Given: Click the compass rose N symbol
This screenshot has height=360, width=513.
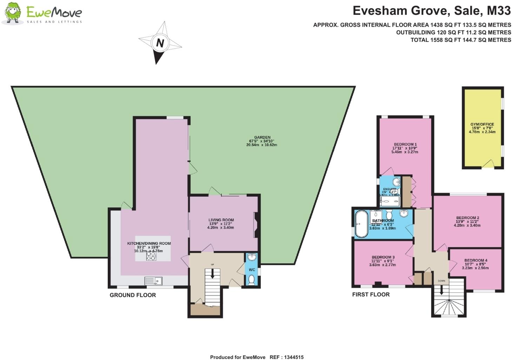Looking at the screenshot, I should (160, 43).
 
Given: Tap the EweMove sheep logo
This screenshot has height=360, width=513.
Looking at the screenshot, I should (13, 14).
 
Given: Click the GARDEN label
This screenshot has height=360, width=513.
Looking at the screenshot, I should (262, 137).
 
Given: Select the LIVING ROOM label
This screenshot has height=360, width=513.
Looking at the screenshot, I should (221, 220).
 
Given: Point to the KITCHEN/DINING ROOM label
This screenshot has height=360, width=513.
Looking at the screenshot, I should (149, 243).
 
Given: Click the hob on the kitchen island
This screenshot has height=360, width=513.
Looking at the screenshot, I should (151, 257).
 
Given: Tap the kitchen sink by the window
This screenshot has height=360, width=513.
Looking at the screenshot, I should (153, 281).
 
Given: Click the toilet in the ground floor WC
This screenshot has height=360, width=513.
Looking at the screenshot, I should (251, 280).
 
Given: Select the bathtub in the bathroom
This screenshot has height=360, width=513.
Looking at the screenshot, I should (361, 224).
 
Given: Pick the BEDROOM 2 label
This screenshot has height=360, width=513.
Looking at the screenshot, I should (468, 218).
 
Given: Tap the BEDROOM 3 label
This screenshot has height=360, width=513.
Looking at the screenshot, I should (383, 257).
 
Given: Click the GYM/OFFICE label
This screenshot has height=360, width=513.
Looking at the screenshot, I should (482, 124).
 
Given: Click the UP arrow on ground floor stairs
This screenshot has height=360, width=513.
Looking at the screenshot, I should (212, 274).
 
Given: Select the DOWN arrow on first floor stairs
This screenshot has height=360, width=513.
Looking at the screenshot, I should (441, 289).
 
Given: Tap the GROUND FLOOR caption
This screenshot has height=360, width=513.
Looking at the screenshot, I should (133, 295).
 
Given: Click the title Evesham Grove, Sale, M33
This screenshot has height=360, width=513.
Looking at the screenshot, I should (432, 11).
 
